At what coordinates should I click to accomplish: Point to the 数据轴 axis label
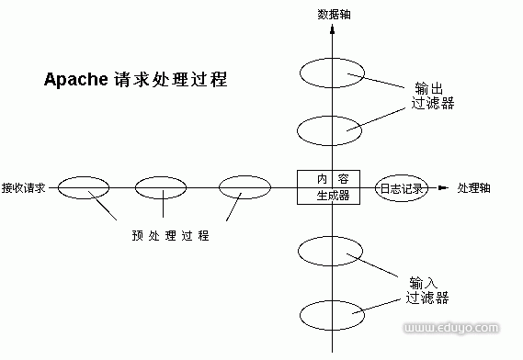(333, 14)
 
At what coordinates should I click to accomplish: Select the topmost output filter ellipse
(333, 71)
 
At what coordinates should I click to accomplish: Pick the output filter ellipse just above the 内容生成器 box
(333, 130)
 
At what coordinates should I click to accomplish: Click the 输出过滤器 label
(432, 96)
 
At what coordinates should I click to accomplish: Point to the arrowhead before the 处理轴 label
(443, 189)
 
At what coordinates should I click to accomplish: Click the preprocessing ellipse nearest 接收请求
(84, 188)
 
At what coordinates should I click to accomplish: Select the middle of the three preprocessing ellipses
(161, 188)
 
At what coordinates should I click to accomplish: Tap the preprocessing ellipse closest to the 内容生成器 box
(244, 188)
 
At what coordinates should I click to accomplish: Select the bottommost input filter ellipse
(333, 312)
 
